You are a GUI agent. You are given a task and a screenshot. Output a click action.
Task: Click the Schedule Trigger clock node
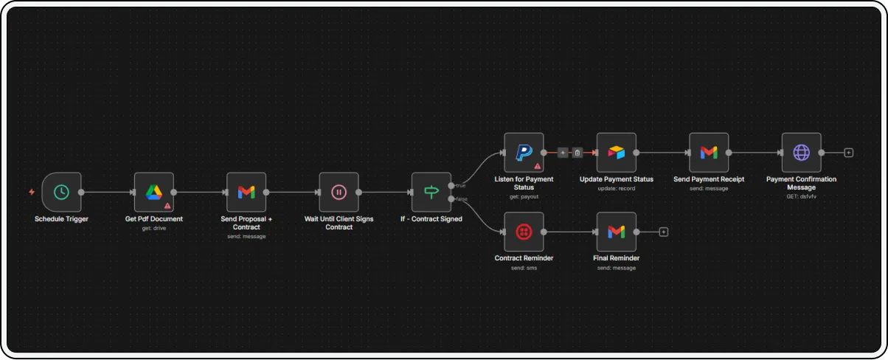pyautogui.click(x=61, y=193)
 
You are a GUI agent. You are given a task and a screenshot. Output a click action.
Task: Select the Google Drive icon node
pyautogui.click(x=154, y=193)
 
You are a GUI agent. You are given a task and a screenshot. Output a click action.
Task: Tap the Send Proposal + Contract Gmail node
pyautogui.click(x=246, y=193)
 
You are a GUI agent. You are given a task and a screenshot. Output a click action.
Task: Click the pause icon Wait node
pyautogui.click(x=339, y=193)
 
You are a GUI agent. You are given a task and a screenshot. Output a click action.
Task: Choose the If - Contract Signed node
pyautogui.click(x=431, y=193)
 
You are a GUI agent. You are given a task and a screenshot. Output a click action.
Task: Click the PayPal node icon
pyautogui.click(x=524, y=153)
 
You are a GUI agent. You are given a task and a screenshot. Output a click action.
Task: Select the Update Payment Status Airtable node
pyautogui.click(x=617, y=153)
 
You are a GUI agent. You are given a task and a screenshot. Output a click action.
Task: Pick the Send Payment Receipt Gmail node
pyautogui.click(x=709, y=153)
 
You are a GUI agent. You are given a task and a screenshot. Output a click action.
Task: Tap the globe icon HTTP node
pyautogui.click(x=801, y=153)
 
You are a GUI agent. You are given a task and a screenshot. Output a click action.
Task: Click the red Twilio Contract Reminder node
pyautogui.click(x=524, y=232)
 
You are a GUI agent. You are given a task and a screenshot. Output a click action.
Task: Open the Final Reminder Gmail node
pyautogui.click(x=617, y=232)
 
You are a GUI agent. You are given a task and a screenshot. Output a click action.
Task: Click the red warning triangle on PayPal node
pyautogui.click(x=537, y=166)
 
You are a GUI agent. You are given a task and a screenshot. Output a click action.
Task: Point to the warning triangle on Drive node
pyautogui.click(x=167, y=206)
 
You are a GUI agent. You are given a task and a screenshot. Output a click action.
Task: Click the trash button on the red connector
pyautogui.click(x=577, y=153)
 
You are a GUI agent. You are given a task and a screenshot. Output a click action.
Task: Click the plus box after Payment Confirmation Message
pyautogui.click(x=848, y=153)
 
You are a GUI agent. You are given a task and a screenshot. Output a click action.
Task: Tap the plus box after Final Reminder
pyautogui.click(x=663, y=232)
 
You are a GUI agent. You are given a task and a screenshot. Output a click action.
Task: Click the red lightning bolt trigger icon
pyautogui.click(x=32, y=192)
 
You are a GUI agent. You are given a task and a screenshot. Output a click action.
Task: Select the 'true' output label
pyautogui.click(x=461, y=186)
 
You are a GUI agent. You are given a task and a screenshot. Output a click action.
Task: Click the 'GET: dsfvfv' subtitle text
pyautogui.click(x=801, y=196)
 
